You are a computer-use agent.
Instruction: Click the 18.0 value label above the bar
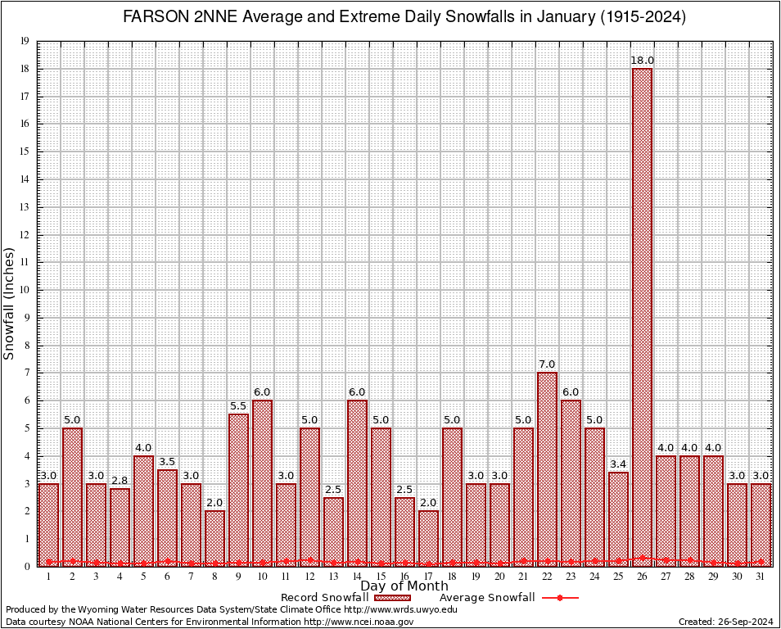point(642,61)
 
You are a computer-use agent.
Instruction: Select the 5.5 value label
point(238,406)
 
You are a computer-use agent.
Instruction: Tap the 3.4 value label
point(618,464)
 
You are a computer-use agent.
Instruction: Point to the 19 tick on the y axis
point(25,41)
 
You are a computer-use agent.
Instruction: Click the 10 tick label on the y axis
point(25,290)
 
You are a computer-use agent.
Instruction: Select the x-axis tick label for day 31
point(761,577)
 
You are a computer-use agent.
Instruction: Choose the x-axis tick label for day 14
point(357,577)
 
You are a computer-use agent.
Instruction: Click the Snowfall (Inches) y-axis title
point(10,303)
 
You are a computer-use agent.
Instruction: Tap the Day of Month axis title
point(404,586)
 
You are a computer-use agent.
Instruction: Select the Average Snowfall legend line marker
point(559,598)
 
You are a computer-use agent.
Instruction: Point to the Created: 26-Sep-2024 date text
point(726,622)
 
